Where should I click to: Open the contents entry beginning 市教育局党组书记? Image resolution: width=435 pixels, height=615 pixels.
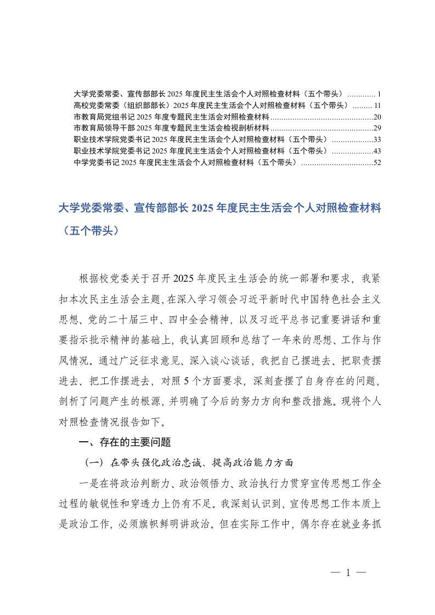[171, 116]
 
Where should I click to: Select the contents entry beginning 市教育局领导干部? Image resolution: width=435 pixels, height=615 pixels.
[171, 128]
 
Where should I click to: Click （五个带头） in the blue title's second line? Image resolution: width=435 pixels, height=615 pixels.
[88, 231]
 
